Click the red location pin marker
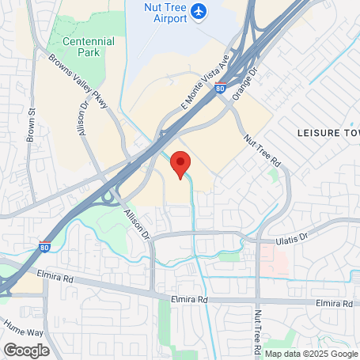181,163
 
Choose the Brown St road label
32,124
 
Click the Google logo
25,350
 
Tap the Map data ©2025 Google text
311,354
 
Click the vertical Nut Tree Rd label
257,332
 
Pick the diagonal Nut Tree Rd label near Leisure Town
263,150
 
